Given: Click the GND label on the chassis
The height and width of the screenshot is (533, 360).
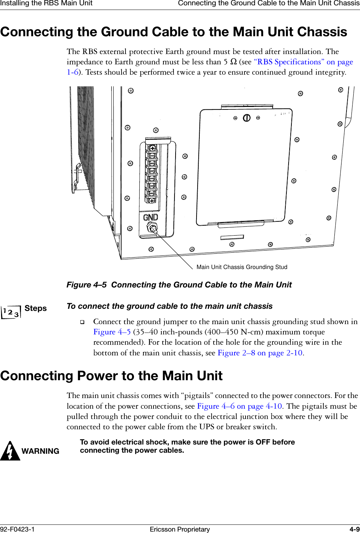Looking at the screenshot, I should point(150,217).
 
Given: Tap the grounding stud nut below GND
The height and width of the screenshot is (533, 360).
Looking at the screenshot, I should point(152,228).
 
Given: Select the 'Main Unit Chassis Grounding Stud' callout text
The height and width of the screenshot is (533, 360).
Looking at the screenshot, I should point(242,267).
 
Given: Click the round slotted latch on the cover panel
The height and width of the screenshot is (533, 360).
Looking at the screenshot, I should point(247,118).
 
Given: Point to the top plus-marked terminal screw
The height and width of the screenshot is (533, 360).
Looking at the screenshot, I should point(152,147).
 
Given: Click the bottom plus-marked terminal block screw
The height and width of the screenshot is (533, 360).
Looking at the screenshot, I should point(152,201).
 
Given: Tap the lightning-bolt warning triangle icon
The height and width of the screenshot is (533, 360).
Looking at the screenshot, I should point(10,451).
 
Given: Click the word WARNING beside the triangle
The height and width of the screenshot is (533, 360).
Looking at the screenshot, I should point(40,451).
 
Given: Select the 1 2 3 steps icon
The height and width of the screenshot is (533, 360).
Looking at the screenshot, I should point(11,312).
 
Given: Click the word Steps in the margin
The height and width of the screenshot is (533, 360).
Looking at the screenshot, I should point(36,308).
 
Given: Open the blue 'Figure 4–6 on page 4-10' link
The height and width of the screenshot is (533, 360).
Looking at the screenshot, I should point(240,406).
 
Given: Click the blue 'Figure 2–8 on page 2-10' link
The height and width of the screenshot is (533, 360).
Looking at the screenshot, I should point(260,353).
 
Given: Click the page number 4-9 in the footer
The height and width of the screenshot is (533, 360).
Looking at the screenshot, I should point(354,529).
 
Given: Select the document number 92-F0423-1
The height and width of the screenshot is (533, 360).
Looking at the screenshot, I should point(17,529).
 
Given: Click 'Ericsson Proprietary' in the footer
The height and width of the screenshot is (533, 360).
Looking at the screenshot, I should point(180,529).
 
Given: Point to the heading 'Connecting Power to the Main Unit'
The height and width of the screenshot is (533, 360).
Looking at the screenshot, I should point(111,376).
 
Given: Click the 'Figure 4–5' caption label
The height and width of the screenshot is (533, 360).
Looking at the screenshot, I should point(86,285).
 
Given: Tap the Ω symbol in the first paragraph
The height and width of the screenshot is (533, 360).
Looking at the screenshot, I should point(233,62).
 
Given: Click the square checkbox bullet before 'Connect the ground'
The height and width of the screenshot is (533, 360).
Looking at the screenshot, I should point(82,322).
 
